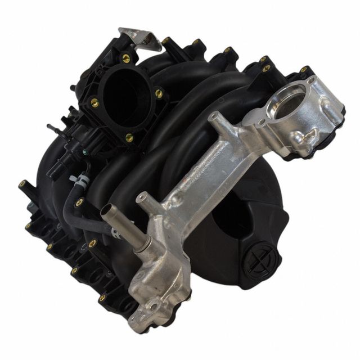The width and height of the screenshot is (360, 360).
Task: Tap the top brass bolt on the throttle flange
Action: click(x=126, y=58)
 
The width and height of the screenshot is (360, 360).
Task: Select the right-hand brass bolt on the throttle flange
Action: click(x=159, y=94)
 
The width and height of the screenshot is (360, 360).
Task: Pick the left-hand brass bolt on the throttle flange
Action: click(x=94, y=103)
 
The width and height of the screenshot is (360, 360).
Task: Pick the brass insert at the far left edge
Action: click(x=22, y=184)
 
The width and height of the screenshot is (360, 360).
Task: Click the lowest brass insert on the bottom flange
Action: click(x=102, y=298)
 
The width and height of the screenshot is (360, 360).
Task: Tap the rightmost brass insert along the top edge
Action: click(x=304, y=70)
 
